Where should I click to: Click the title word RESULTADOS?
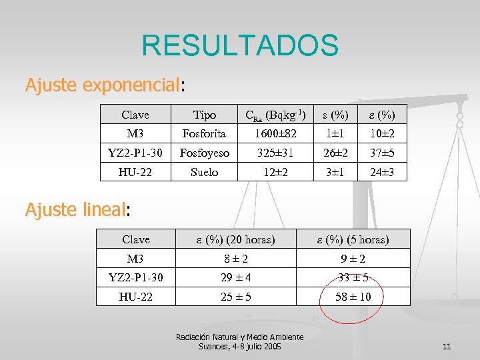point(240,45)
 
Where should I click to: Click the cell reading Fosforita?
point(204,134)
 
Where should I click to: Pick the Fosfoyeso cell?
point(204,153)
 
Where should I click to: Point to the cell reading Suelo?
point(204,172)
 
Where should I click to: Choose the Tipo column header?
point(204,115)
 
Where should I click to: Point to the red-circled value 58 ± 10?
point(353,297)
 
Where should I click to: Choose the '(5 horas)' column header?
point(353,239)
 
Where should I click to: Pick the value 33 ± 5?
point(353,277)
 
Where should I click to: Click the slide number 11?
point(447,347)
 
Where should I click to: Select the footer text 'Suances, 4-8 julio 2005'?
point(240,347)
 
